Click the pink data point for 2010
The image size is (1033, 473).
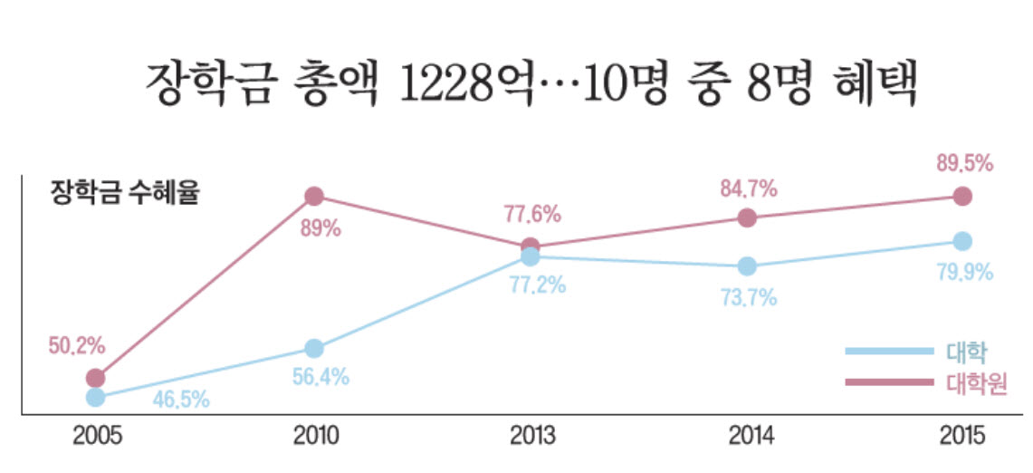(x=314, y=196)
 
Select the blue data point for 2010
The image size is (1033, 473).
(x=314, y=348)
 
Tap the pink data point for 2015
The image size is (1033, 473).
(x=962, y=196)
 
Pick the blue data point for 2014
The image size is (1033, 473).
(x=747, y=266)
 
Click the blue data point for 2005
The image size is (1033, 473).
(x=95, y=397)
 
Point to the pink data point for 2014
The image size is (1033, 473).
(x=747, y=217)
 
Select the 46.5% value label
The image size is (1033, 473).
(x=181, y=399)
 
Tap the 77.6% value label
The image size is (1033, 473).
(x=531, y=215)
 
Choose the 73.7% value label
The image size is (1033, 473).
(x=749, y=297)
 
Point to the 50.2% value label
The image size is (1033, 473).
(x=77, y=345)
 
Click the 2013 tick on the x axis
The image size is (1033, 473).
(x=532, y=437)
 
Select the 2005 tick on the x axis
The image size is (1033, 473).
(x=96, y=437)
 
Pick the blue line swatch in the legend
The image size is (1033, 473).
(x=888, y=352)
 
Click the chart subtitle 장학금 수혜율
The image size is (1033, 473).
(x=124, y=193)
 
